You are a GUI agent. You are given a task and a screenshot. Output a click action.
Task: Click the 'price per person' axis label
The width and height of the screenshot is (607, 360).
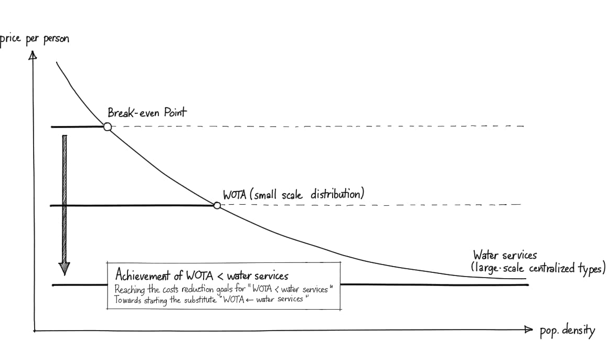[35, 39]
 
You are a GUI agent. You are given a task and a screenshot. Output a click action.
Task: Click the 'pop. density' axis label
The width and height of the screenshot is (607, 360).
[567, 331]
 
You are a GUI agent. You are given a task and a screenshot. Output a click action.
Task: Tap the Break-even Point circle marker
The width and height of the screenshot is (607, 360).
[107, 126]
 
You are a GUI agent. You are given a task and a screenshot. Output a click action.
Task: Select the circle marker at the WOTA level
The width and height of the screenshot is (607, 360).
[217, 206]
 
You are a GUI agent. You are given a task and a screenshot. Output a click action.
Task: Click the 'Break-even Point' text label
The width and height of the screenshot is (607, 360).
[147, 112]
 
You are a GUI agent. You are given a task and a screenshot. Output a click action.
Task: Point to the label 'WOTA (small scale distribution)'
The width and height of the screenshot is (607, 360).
[293, 194]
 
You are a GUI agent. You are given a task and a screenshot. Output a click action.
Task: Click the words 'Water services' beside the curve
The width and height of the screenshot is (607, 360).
[505, 256]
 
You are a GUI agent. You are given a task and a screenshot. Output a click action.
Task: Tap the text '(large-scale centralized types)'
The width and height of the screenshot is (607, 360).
[538, 269]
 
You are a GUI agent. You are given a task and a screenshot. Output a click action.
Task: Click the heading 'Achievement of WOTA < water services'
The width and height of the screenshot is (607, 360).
[201, 276]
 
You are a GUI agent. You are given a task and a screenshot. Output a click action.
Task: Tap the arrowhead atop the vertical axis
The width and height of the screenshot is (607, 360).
[33, 54]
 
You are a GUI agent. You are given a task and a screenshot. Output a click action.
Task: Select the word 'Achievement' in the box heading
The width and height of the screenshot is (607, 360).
[142, 276]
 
